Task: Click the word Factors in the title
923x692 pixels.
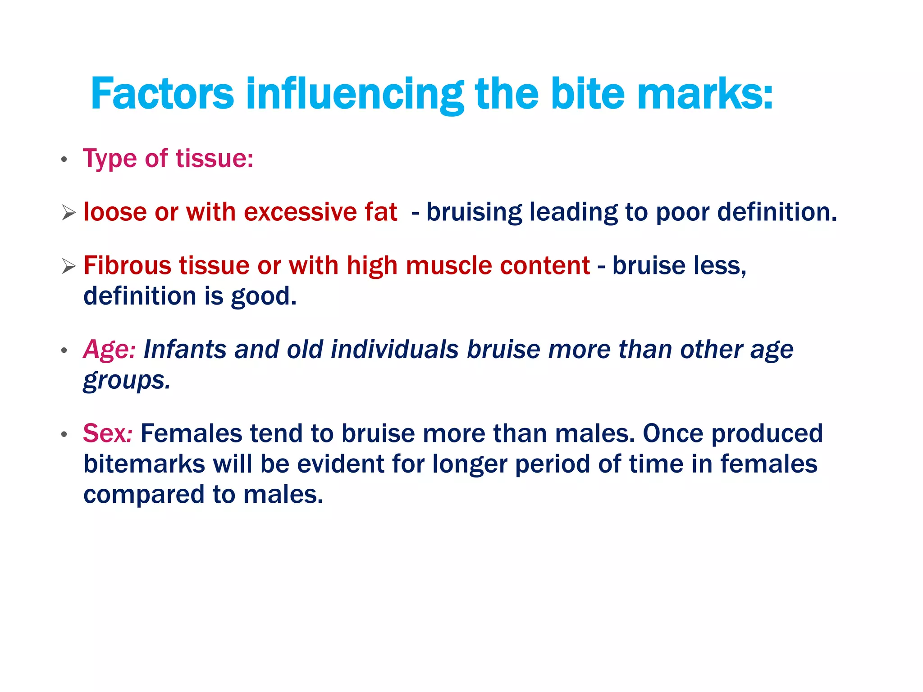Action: [162, 94]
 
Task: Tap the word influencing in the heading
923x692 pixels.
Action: [355, 94]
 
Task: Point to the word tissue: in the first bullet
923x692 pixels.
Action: [215, 159]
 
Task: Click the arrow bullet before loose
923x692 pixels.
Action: [69, 213]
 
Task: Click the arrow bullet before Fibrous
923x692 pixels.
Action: [69, 266]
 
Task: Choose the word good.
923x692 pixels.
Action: [264, 296]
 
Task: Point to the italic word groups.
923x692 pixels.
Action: [127, 381]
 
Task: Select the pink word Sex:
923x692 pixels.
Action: [107, 433]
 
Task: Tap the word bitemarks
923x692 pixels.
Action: [144, 464]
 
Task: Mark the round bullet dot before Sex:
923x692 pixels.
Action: [64, 434]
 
